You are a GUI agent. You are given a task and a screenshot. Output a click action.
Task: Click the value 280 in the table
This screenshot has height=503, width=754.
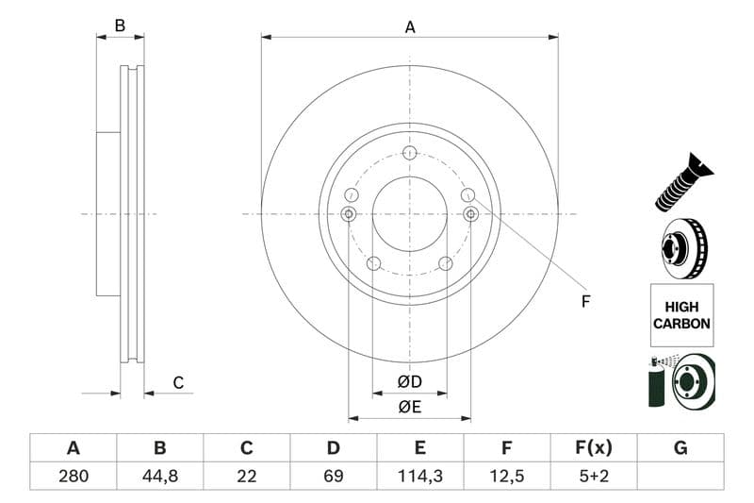click(x=73, y=477)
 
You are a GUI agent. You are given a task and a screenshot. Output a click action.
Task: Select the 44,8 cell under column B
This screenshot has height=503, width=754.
click(x=159, y=477)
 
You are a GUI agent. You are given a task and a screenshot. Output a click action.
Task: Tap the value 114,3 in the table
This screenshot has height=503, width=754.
click(x=420, y=477)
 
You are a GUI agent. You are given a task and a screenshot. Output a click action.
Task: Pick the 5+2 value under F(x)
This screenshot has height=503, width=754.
click(x=594, y=477)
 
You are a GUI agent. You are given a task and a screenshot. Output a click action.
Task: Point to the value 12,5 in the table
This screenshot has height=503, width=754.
click(x=507, y=477)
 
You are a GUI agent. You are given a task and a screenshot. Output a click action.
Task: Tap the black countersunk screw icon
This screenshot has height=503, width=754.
click(x=683, y=181)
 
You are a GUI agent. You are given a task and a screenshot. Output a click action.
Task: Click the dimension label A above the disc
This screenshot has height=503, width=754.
click(x=410, y=27)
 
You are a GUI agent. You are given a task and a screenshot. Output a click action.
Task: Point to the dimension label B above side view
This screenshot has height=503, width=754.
click(x=120, y=25)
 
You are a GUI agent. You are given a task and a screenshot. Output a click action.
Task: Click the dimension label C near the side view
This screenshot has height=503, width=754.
click(x=177, y=382)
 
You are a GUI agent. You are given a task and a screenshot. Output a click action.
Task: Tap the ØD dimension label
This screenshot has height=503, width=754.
click(x=409, y=382)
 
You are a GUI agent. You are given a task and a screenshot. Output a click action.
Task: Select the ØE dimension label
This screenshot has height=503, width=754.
click(x=409, y=407)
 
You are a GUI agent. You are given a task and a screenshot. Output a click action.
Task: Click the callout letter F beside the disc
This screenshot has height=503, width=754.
click(x=584, y=302)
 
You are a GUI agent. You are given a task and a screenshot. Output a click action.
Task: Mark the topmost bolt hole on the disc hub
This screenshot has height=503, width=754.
click(x=409, y=153)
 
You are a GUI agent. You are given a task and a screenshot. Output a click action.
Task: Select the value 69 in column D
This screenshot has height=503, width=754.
click(x=334, y=477)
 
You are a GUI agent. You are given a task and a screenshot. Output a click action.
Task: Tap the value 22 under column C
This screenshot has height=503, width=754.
click(x=247, y=477)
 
